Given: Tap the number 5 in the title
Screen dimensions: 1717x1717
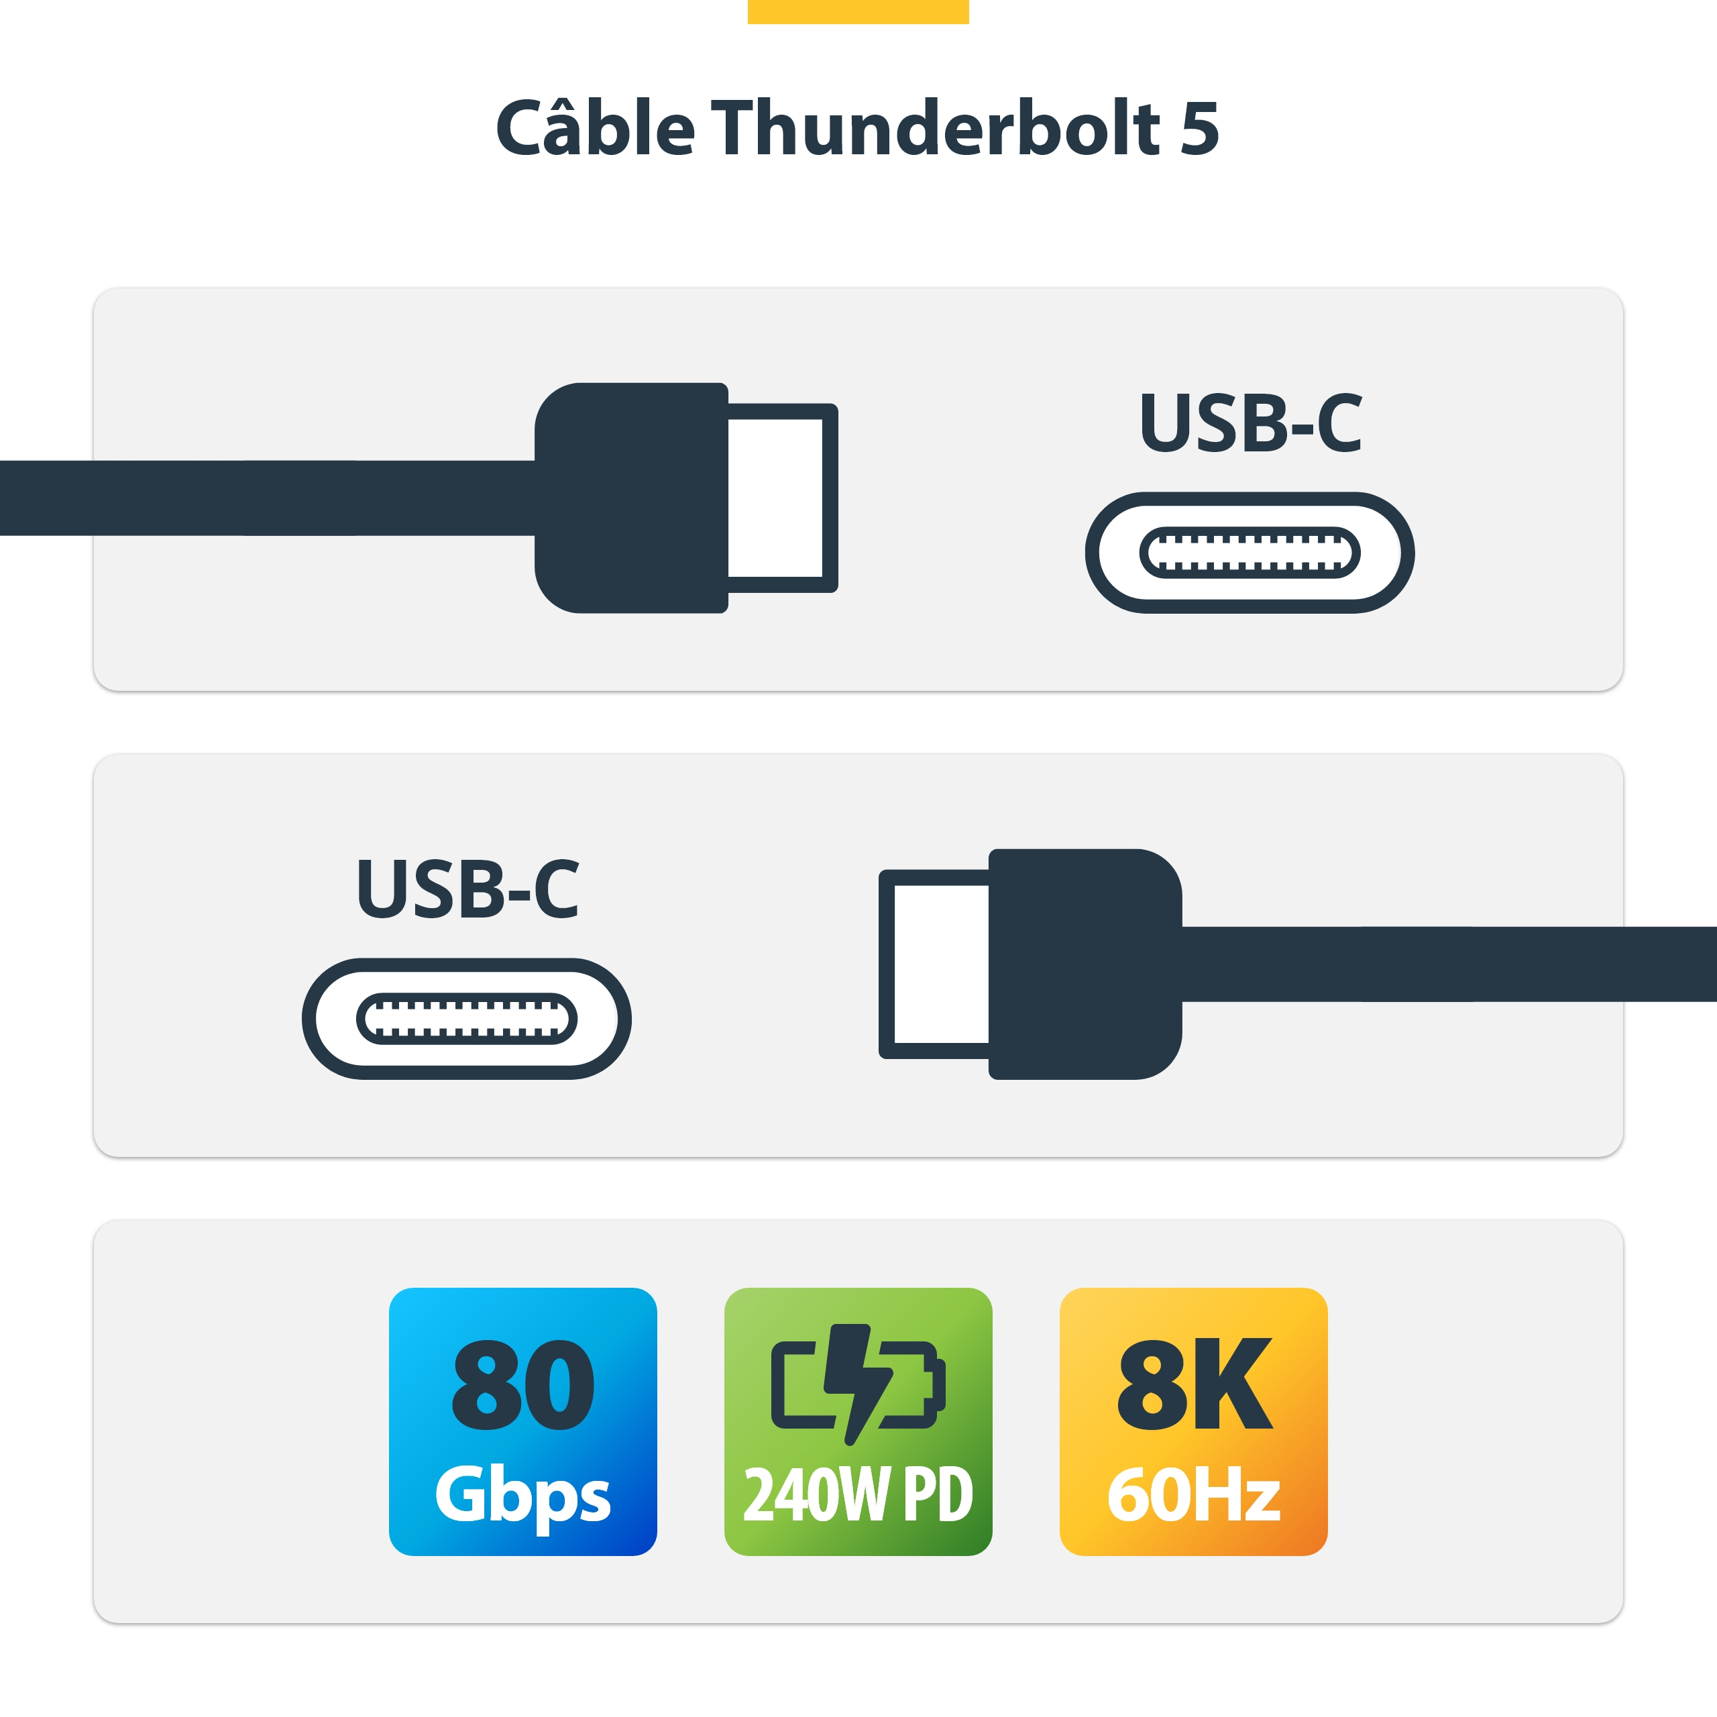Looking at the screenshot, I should point(1199,128).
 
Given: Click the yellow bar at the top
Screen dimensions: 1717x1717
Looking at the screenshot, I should point(858,11).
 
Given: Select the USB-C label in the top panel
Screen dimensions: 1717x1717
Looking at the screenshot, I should point(1250,423).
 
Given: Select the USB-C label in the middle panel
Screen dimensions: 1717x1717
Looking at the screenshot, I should point(467,889).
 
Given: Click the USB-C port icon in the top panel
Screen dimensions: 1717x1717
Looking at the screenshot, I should point(1250,553).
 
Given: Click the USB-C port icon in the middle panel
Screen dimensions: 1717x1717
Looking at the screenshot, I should point(467,1019).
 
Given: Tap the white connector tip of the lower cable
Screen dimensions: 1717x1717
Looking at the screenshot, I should point(940,964).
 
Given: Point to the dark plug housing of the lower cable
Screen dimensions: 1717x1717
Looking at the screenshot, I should point(1085,964).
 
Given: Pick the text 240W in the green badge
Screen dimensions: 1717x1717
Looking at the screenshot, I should point(815,1495).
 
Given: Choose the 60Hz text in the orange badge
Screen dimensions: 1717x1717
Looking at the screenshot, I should point(1194,1495).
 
